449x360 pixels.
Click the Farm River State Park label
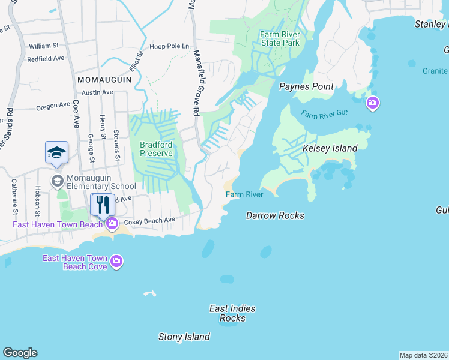[x=279, y=38]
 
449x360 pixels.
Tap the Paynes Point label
[x=306, y=86]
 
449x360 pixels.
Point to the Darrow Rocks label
[x=275, y=215]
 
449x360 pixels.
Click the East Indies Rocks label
[x=232, y=313]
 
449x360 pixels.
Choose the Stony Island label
[x=184, y=337]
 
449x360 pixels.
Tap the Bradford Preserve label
[x=156, y=149]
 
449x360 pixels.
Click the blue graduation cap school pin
[x=56, y=152]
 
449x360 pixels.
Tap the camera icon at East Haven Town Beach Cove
[x=116, y=262]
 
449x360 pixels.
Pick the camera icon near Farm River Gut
[x=373, y=103]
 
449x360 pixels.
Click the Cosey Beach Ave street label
[x=149, y=221]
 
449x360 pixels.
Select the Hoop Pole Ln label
[x=169, y=46]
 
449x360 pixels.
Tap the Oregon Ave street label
[x=53, y=106]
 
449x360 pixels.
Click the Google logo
[x=20, y=353]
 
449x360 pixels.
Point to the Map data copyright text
[x=424, y=355]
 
